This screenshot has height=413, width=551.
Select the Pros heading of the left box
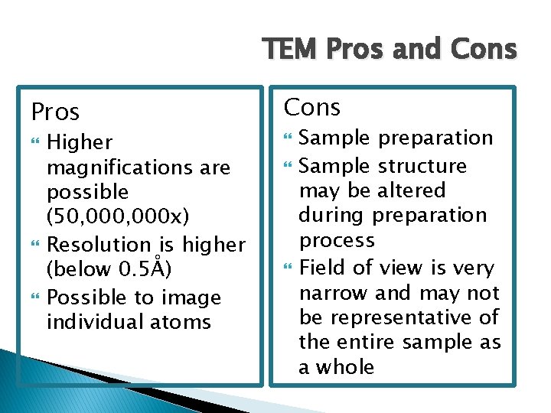[x=55, y=112]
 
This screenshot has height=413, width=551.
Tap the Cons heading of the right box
[x=312, y=108]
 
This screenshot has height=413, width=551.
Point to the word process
[x=337, y=241]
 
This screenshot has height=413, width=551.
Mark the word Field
[x=321, y=268]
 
